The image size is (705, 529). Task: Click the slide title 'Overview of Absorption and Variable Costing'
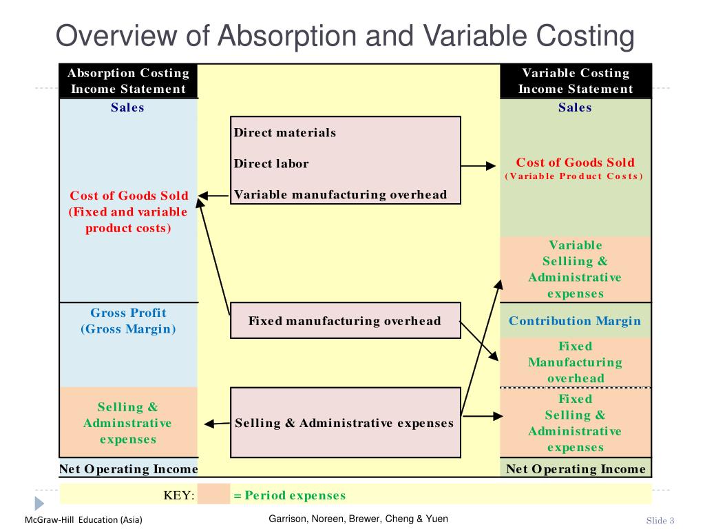pos(344,36)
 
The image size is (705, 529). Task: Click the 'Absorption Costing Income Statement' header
pos(128,81)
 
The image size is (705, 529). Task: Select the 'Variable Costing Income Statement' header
pos(576,81)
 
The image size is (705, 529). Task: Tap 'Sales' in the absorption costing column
pos(128,107)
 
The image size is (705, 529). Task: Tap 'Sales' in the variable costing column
pos(575,107)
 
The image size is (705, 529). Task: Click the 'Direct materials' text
pos(285,133)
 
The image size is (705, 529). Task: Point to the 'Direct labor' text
pos(271,164)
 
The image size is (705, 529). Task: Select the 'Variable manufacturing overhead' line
pos(340,195)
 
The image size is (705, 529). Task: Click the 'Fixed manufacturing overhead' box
pos(345,321)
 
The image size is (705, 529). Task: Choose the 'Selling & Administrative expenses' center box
pos(345,423)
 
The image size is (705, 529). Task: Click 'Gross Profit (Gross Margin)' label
pos(128,321)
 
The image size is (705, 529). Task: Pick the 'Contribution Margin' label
pos(575,321)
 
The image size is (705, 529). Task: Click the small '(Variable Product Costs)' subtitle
pos(575,176)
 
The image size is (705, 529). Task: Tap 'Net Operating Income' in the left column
pos(128,469)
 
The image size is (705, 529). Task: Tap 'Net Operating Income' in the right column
pos(576,469)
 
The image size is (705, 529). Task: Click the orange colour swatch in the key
pos(213,495)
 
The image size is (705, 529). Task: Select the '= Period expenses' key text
pos(289,495)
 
